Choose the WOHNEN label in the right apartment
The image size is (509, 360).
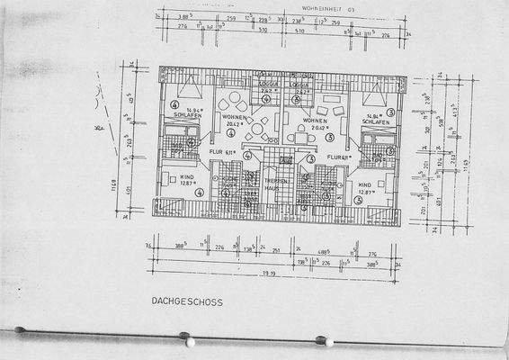pos(314,120)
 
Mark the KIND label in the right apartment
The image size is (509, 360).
pos(364,185)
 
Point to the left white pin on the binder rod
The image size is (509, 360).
pos(189,343)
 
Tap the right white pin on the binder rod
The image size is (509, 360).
pos(329,342)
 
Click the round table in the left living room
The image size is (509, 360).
pos(258,128)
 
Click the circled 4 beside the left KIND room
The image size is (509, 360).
pos(198,191)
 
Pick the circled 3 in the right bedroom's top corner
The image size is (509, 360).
pos(389,112)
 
